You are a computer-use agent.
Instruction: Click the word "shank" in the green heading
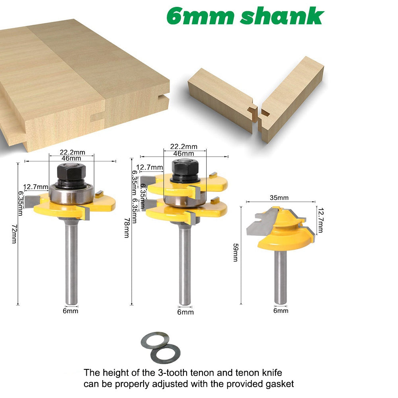click(x=282, y=16)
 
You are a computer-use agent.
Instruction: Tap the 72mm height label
click(x=14, y=234)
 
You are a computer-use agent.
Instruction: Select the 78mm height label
click(x=127, y=228)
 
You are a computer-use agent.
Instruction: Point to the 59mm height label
click(x=236, y=252)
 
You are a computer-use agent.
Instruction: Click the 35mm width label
click(x=279, y=197)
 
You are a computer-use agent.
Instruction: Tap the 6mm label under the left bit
click(x=70, y=311)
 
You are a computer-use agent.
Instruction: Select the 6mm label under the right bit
click(x=281, y=310)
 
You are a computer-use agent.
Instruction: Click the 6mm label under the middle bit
click(x=185, y=312)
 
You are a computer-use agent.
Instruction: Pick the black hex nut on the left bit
click(x=71, y=172)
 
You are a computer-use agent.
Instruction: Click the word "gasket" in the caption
click(x=280, y=384)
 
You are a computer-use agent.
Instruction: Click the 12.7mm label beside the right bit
click(x=320, y=220)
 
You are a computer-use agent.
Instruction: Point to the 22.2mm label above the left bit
click(x=72, y=152)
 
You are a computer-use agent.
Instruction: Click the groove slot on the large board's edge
click(x=163, y=97)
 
